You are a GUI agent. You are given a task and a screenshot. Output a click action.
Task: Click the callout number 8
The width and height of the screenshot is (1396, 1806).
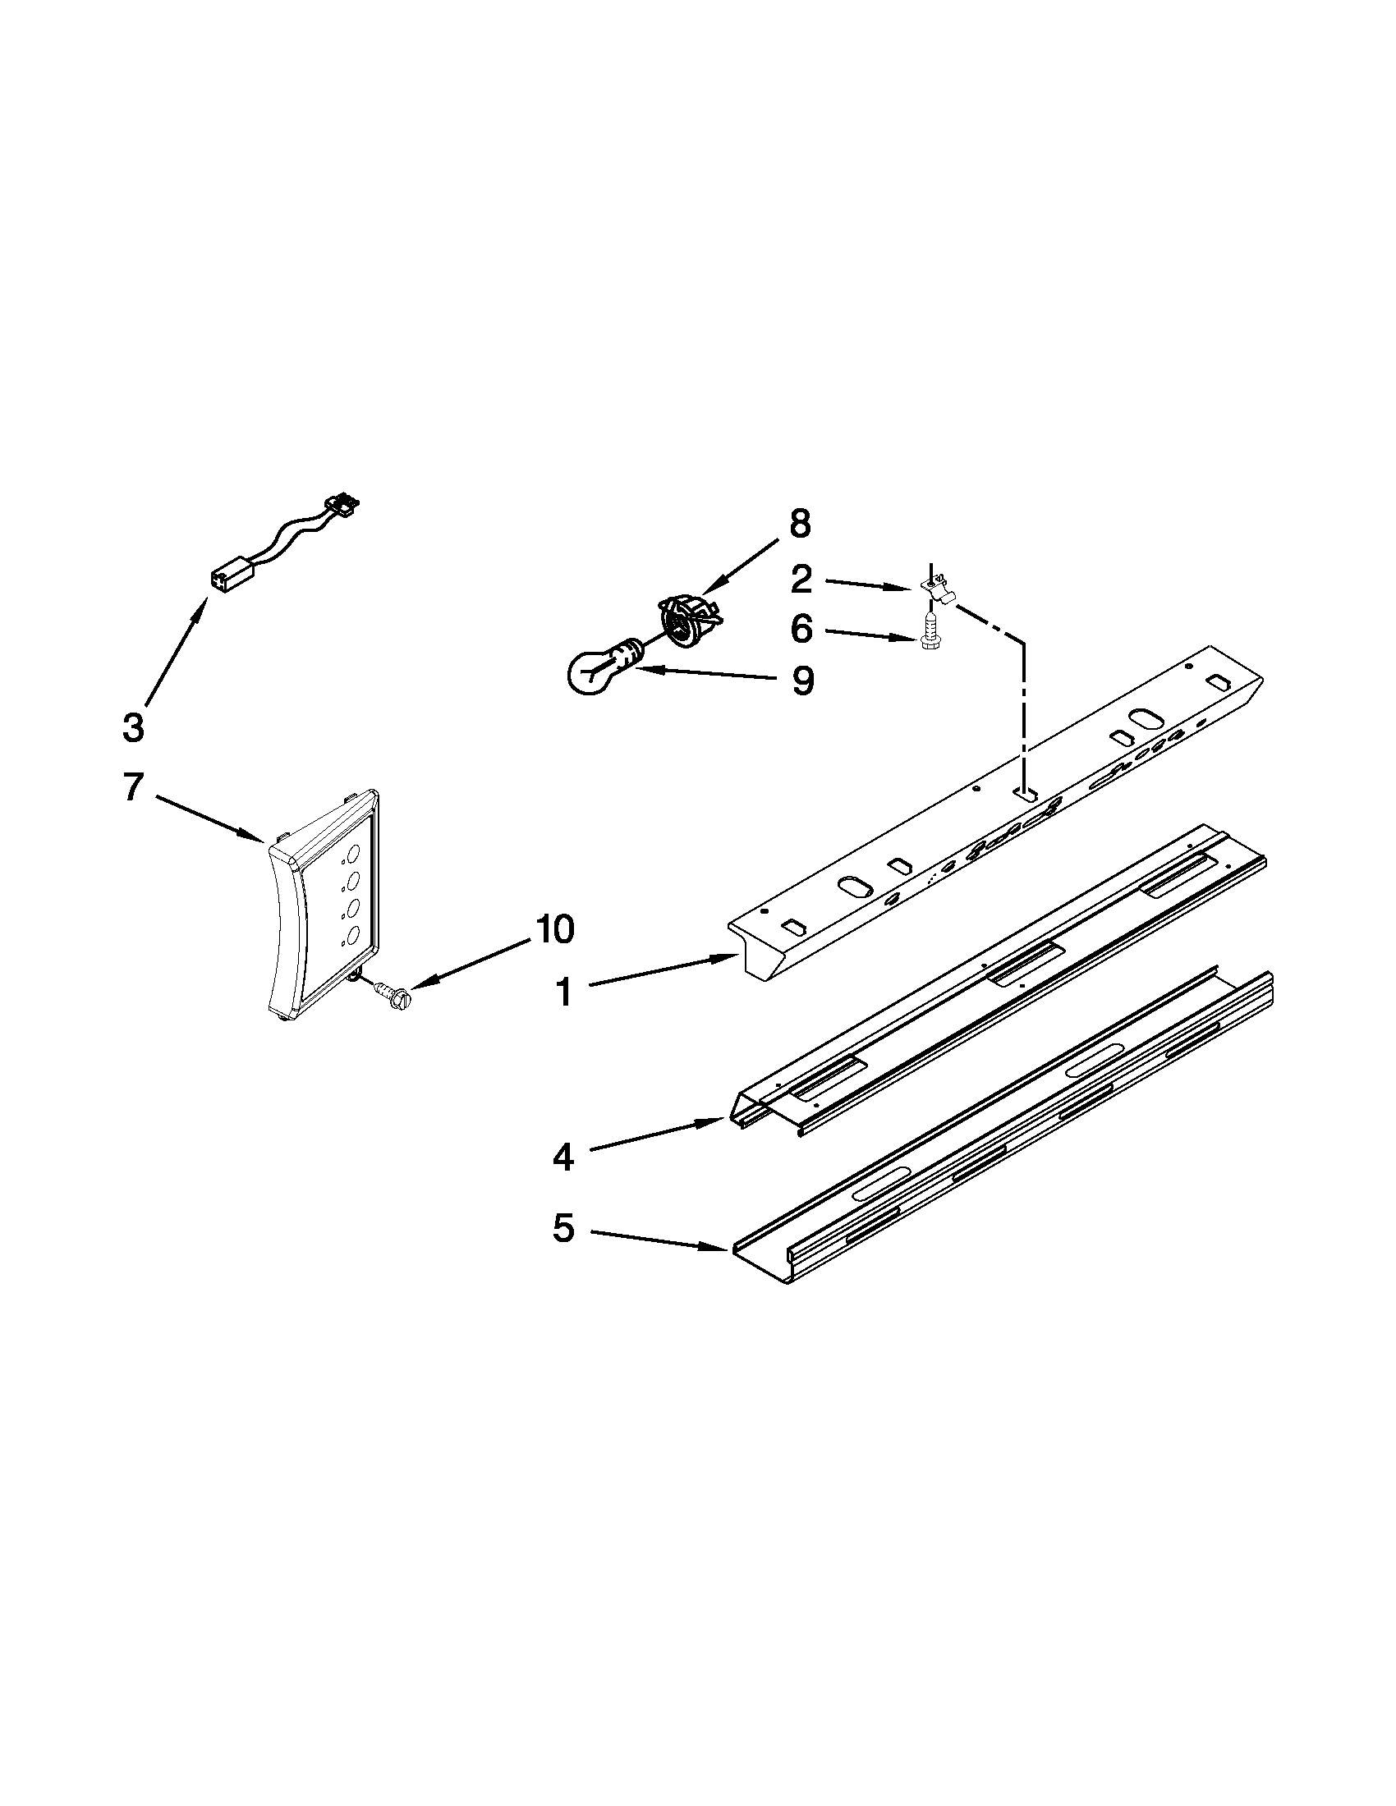point(800,524)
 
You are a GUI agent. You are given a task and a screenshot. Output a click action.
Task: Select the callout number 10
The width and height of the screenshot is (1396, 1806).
point(554,930)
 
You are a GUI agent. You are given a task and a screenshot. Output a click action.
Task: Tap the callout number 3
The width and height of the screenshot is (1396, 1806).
point(132,727)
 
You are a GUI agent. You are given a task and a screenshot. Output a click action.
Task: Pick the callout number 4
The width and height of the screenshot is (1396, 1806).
point(563,1157)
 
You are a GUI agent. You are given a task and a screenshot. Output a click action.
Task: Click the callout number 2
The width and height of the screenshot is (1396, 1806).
point(801,580)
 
